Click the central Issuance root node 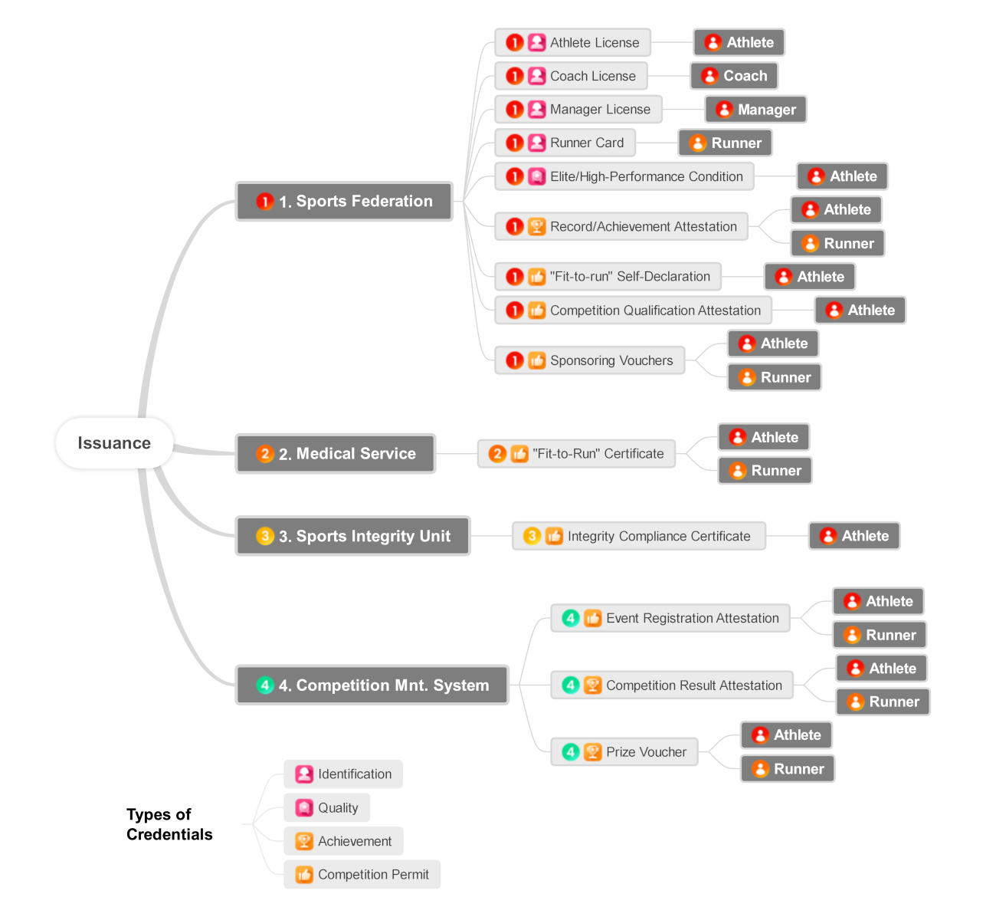click(x=114, y=443)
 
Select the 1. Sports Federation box click(x=344, y=202)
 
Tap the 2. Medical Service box click(x=336, y=454)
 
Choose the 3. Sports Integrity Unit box click(x=352, y=536)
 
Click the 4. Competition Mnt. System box click(x=372, y=685)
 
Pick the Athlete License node click(x=573, y=43)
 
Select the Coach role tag click(x=734, y=76)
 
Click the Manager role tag click(x=755, y=110)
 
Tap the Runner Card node click(x=565, y=143)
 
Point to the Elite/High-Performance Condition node click(x=624, y=176)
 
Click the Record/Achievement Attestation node click(x=621, y=227)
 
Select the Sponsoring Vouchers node click(x=590, y=360)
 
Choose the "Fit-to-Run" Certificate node click(x=576, y=454)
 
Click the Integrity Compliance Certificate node click(x=638, y=536)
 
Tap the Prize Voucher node click(x=624, y=752)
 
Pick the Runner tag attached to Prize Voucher click(x=788, y=769)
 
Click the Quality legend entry click(x=327, y=807)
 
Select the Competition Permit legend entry click(x=362, y=875)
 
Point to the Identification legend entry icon click(x=304, y=774)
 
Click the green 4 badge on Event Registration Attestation click(x=571, y=618)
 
